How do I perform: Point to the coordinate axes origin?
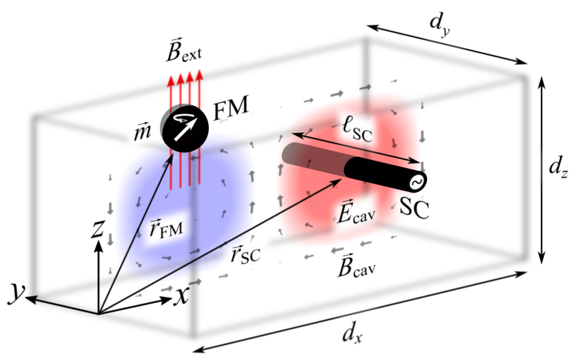99,313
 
